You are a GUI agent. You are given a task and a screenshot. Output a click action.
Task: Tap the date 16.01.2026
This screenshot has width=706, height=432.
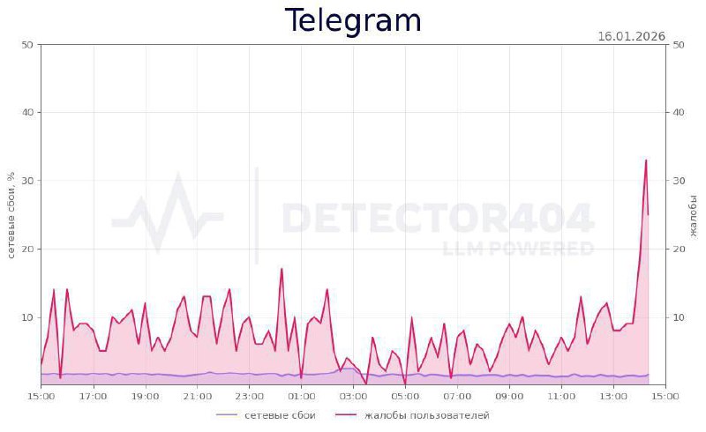631,37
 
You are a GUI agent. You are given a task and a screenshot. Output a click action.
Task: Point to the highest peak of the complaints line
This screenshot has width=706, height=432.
646,160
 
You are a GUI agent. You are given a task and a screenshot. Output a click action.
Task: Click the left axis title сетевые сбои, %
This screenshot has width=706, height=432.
11,215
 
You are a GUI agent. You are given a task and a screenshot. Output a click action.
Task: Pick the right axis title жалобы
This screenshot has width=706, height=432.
694,215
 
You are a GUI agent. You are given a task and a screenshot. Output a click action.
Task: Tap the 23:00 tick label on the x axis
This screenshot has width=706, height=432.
250,397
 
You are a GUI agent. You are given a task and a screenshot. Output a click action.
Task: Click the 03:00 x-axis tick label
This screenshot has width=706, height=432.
354,397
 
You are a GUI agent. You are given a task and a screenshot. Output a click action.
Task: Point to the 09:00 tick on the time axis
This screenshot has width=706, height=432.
510,397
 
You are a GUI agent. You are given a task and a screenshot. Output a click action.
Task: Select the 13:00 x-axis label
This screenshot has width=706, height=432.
614,397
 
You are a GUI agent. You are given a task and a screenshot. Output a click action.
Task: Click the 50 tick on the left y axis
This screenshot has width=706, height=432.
26,44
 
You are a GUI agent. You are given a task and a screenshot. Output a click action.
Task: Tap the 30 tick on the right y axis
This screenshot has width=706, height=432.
680,181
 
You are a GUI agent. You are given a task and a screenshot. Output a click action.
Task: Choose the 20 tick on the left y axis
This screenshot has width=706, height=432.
26,249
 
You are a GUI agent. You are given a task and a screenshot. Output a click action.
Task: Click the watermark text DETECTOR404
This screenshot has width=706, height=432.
437,217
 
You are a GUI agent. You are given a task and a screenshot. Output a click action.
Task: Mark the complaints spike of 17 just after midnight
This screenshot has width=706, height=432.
282,269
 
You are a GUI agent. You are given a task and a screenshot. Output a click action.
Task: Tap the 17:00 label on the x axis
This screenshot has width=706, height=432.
93,397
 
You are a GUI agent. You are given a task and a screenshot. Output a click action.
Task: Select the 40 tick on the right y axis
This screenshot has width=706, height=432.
680,112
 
